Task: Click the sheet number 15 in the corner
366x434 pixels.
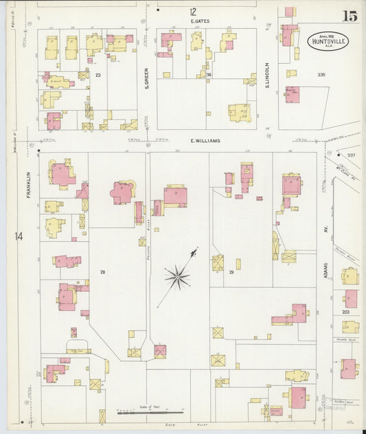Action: pyautogui.click(x=350, y=16)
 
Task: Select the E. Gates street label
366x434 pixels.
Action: pyautogui.click(x=200, y=21)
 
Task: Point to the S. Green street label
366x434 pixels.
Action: pyautogui.click(x=147, y=82)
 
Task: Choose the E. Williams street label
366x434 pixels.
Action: pyautogui.click(x=205, y=141)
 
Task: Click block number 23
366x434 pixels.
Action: pyautogui.click(x=98, y=75)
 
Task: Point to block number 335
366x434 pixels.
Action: pyautogui.click(x=321, y=74)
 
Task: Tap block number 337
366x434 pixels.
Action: pyautogui.click(x=351, y=156)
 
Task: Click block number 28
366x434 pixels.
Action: pyautogui.click(x=102, y=273)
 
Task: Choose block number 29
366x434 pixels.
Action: pyautogui.click(x=231, y=273)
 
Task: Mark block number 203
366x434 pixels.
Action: pyautogui.click(x=345, y=311)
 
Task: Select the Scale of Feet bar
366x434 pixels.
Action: pyautogui.click(x=150, y=412)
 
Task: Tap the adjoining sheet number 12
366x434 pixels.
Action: pyautogui.click(x=194, y=11)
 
